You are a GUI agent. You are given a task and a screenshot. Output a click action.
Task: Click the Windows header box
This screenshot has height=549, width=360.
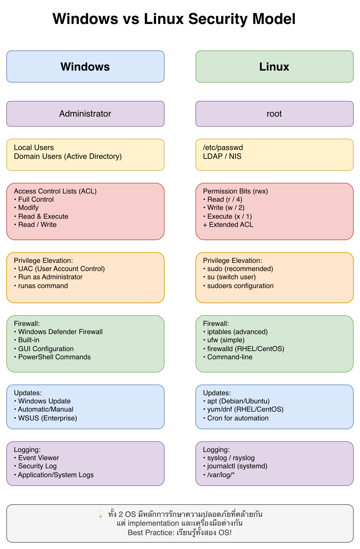pos(85,66)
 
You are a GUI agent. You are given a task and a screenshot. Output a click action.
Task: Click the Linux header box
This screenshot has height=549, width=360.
pos(274,66)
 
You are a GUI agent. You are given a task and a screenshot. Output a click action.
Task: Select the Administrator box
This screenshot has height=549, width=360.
pos(85,114)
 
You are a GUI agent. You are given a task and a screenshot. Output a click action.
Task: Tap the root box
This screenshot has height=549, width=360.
pos(274,114)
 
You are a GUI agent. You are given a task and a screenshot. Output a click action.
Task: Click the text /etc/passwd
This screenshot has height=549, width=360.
pos(223,147)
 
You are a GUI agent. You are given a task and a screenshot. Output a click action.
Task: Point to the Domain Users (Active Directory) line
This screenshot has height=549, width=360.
pos(68,156)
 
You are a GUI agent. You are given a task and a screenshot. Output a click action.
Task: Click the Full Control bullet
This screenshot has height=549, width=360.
pos(36,199)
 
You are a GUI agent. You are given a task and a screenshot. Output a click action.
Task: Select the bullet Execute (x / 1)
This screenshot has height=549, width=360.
pos(229,217)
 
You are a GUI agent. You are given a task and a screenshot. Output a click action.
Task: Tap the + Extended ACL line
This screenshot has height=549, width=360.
pos(228,225)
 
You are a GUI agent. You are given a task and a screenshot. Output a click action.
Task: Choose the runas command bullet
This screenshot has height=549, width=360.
pos(43,286)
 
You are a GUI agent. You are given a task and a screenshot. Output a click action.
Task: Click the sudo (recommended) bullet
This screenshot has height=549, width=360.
pos(240,269)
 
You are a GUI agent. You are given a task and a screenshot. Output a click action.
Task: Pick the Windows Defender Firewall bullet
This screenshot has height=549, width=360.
pos(60,332)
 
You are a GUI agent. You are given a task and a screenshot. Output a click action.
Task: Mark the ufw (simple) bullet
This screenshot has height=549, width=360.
pos(226,340)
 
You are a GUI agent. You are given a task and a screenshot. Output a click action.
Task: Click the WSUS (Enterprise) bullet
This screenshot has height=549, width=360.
pos(47,418)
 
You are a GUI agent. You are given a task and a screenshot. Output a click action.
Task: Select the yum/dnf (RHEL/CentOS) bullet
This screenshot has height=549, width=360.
pos(245,409)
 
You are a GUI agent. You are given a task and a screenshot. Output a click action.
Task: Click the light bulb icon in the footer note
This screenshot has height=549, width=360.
pos(101,514)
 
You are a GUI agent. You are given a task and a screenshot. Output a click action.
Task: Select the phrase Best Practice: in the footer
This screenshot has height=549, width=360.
pos(151,533)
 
